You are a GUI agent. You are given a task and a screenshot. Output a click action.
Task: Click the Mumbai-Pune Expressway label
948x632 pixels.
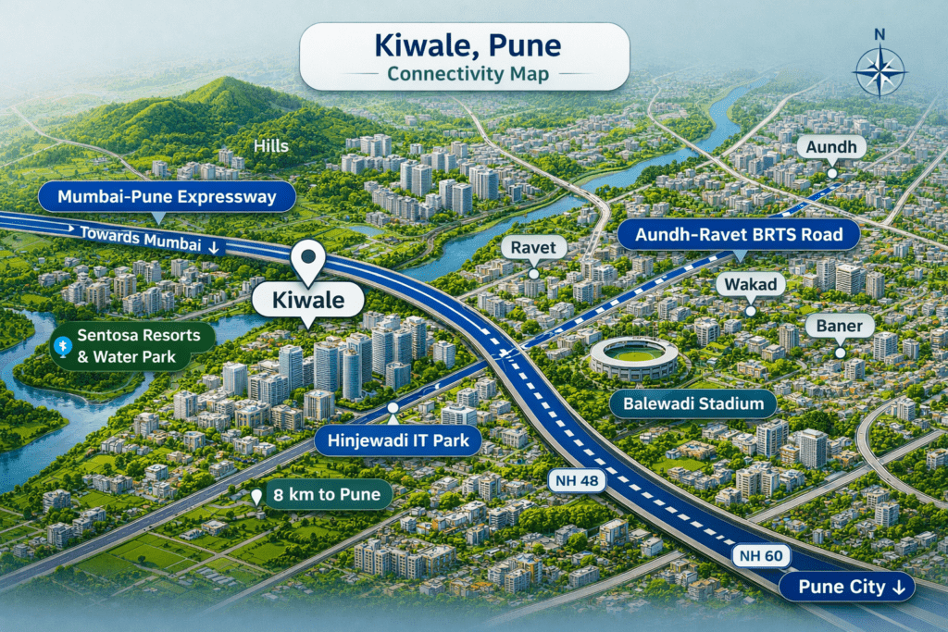point(167,197)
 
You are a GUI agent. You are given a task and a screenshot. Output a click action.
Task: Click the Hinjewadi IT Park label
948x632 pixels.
point(397,440)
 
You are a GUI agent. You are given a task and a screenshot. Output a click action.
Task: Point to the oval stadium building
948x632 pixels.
point(634,357)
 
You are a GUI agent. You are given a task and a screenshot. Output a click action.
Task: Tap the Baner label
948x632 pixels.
point(840,326)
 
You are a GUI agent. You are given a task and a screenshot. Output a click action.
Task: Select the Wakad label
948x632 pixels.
point(751,284)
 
